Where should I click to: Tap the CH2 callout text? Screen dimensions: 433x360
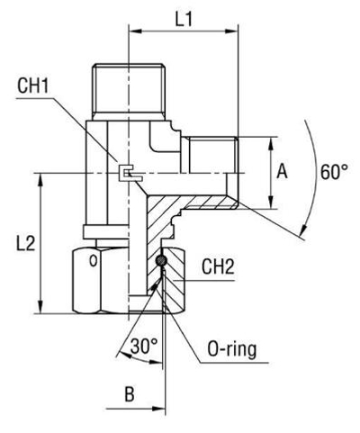point(218,266)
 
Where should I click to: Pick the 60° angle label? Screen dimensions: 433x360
point(335,171)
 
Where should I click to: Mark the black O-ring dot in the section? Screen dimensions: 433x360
point(160,262)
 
